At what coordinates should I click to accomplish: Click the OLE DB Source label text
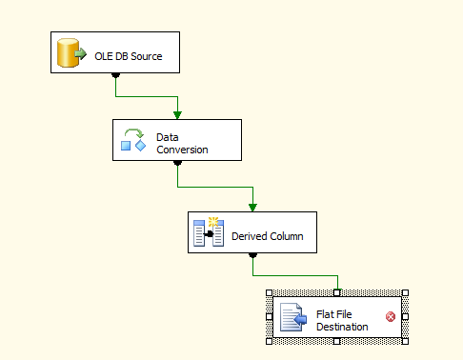pyautogui.click(x=129, y=56)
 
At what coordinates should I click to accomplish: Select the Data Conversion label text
pyautogui.click(x=182, y=143)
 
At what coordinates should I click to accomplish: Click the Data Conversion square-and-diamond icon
pyautogui.click(x=132, y=141)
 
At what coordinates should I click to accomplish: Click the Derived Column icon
pyautogui.click(x=209, y=232)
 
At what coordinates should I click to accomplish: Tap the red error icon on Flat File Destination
pyautogui.click(x=391, y=317)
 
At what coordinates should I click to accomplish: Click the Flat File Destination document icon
pyautogui.click(x=293, y=317)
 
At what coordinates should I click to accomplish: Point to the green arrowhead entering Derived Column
pyautogui.click(x=252, y=207)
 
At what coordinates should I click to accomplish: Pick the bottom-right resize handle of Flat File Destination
pyautogui.click(x=406, y=341)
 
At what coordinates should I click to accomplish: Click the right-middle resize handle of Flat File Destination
pyautogui.click(x=406, y=317)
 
